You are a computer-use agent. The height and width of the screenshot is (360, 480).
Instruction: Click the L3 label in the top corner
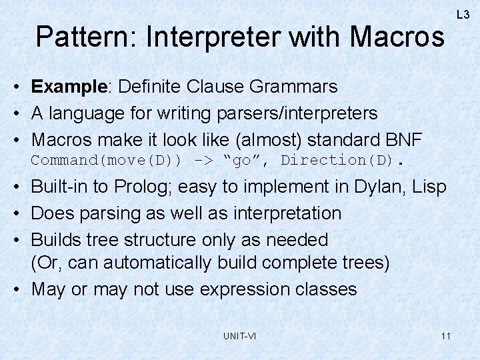coord(463,14)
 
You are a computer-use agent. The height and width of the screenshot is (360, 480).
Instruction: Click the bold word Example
coord(68,87)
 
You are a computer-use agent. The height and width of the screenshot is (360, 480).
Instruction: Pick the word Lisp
coord(429,187)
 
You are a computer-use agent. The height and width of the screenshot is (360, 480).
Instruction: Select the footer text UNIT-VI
coord(239,336)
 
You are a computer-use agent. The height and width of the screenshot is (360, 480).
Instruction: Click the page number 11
coord(445,336)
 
